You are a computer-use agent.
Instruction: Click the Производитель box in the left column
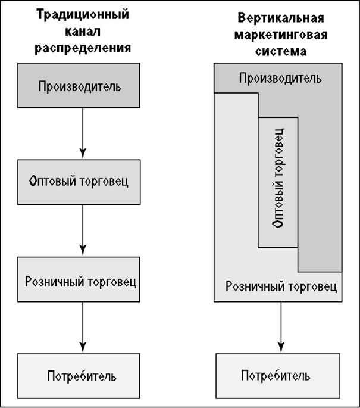(80, 86)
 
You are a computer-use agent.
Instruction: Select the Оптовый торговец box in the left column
(80, 181)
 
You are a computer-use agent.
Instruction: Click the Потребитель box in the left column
(80, 376)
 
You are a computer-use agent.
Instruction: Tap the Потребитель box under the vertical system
(276, 376)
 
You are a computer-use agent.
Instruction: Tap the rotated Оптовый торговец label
(277, 182)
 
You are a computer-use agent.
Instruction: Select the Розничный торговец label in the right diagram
(281, 287)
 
